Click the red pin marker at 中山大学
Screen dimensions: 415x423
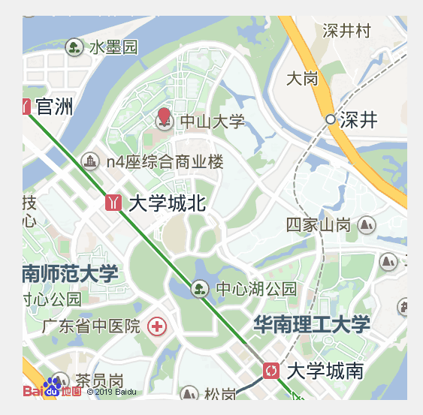coord(164,118)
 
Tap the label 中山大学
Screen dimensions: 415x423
coord(213,122)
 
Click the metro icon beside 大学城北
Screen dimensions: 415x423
coord(114,203)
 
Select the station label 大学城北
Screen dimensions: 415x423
coord(168,203)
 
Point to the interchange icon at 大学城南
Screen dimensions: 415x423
coord(271,370)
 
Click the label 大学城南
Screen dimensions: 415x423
coord(325,371)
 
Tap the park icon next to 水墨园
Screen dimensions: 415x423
coord(74,47)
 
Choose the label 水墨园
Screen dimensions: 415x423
coord(113,47)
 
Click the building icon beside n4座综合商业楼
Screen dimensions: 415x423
coord(90,161)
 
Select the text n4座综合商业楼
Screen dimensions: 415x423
coord(165,161)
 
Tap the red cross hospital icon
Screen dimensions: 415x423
coord(157,326)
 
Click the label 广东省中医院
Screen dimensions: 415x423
coord(91,326)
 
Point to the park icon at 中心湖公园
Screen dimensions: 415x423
coord(199,288)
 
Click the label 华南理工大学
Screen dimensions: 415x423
coord(312,324)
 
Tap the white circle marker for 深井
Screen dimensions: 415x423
coord(330,119)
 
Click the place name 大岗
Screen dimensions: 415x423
coord(302,78)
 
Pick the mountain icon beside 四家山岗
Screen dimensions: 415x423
coord(367,224)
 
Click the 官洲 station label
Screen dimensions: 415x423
coord(54,107)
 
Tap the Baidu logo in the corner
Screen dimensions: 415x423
coord(51,389)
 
